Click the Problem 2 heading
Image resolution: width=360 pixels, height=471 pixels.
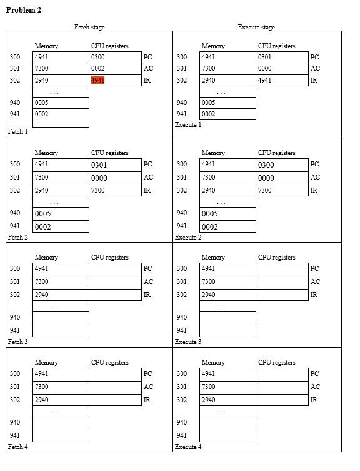(x=24, y=11)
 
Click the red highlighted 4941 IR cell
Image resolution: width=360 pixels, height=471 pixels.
(x=98, y=80)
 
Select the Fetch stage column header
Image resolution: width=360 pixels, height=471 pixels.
(x=89, y=27)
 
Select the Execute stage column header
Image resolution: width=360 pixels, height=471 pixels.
(x=256, y=27)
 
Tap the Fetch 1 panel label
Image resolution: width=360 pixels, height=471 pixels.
(x=17, y=132)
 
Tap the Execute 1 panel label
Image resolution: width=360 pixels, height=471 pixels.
(x=188, y=124)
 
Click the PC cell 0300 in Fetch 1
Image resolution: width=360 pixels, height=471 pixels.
(x=116, y=57)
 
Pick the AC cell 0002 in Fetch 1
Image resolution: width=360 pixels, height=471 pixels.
(x=116, y=68)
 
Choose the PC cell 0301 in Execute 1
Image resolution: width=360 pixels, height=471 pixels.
(x=282, y=57)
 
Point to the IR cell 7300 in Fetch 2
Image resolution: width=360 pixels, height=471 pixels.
(x=116, y=190)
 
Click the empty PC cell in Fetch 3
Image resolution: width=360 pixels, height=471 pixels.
(x=116, y=269)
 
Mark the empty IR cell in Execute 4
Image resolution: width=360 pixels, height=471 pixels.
(x=282, y=400)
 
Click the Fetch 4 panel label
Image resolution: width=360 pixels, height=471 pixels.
(x=17, y=447)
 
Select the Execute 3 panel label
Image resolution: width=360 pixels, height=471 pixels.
(x=188, y=342)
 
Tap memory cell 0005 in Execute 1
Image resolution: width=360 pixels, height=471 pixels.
(x=227, y=103)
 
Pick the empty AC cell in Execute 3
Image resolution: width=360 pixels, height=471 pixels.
(x=282, y=282)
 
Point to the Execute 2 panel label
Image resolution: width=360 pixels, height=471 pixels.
(x=188, y=238)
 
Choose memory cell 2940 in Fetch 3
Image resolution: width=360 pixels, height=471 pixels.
(x=61, y=295)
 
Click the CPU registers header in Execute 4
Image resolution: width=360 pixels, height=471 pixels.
(x=276, y=362)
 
